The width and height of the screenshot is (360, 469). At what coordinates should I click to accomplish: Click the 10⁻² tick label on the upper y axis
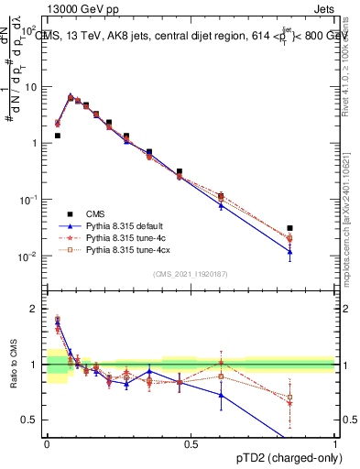pyautogui.click(x=29, y=256)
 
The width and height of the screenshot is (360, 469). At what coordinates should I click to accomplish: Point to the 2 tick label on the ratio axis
pyautogui.click(x=34, y=309)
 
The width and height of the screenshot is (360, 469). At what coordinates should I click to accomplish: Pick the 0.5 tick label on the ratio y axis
pyautogui.click(x=30, y=420)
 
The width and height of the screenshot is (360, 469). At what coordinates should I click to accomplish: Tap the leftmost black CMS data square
pyautogui.click(x=58, y=136)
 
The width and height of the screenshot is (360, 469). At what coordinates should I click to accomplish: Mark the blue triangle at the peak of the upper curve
pyautogui.click(x=71, y=95)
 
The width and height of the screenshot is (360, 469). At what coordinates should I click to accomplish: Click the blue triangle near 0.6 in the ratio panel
pyautogui.click(x=221, y=395)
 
